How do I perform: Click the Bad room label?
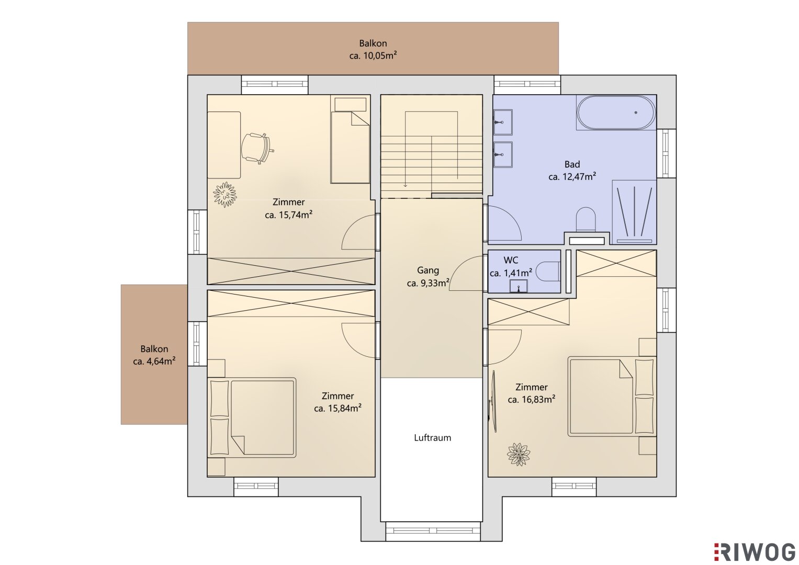pyautogui.click(x=572, y=164)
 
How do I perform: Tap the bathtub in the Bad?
pyautogui.click(x=616, y=112)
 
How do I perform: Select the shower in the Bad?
pyautogui.click(x=634, y=212)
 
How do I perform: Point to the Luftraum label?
pyautogui.click(x=432, y=438)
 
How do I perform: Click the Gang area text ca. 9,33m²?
pyautogui.click(x=427, y=283)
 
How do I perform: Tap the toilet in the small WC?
pyautogui.click(x=548, y=272)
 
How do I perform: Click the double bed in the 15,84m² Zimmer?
pyautogui.click(x=252, y=417)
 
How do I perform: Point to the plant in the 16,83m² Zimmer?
pyautogui.click(x=519, y=454)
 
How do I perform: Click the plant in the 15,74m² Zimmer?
pyautogui.click(x=224, y=195)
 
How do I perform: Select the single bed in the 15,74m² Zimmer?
pyautogui.click(x=350, y=139)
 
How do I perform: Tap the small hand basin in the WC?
pyautogui.click(x=519, y=286)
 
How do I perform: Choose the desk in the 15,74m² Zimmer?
pyautogui.click(x=223, y=145)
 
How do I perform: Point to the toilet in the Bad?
pyautogui.click(x=586, y=219)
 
